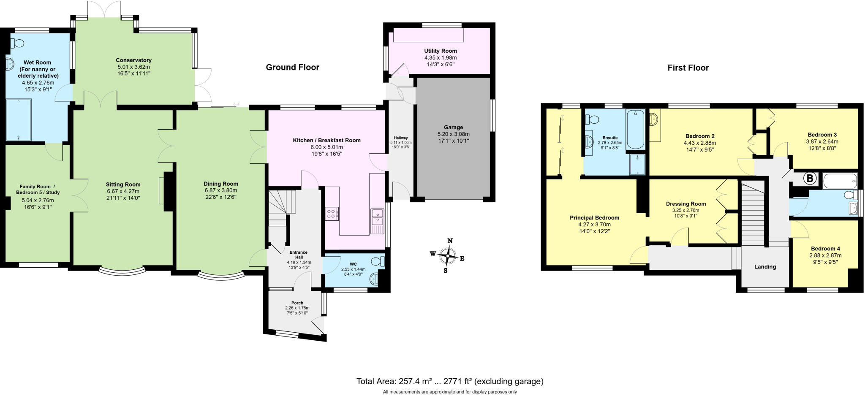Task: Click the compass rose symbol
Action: [448, 256]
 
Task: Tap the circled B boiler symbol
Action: [809, 179]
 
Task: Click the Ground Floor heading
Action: [292, 67]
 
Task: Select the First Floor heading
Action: [688, 68]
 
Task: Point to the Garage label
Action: [453, 127]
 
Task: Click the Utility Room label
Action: [441, 51]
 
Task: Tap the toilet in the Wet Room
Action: [17, 43]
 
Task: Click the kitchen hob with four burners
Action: [332, 214]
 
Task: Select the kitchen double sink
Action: [377, 217]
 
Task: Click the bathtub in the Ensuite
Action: [635, 129]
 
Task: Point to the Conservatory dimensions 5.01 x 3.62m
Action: [133, 67]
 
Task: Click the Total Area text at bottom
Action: [450, 381]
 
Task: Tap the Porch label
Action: [297, 303]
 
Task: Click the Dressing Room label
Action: [685, 203]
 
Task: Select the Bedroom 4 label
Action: [825, 249]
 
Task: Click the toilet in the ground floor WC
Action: [379, 260]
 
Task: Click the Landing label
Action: [765, 266]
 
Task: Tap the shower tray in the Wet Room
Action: [19, 119]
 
